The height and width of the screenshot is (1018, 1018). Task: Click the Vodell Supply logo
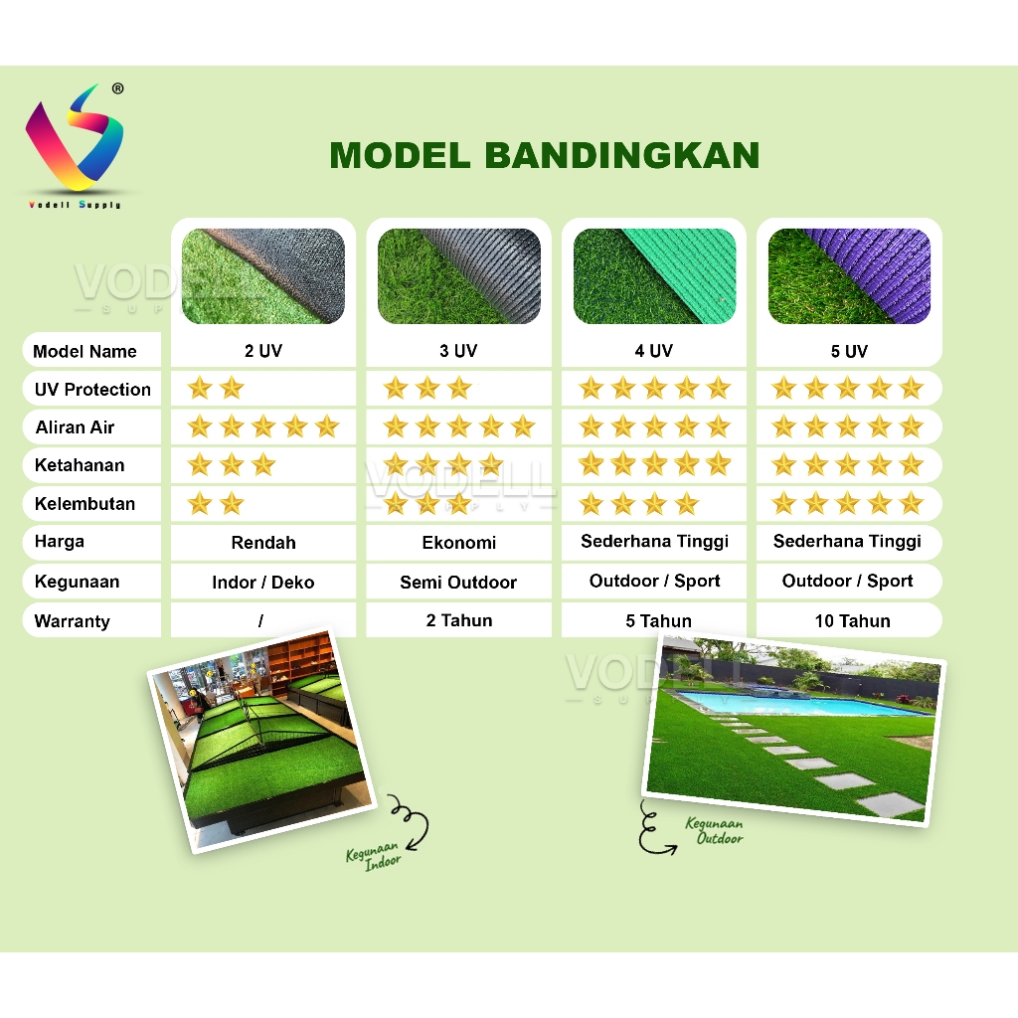click(74, 145)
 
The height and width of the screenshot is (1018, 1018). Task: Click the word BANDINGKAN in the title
click(622, 155)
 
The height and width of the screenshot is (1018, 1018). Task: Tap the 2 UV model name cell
click(262, 351)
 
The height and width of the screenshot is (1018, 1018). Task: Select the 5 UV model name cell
click(849, 351)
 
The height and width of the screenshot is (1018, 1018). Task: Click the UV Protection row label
click(92, 389)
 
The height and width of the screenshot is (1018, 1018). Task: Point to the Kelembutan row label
click(85, 503)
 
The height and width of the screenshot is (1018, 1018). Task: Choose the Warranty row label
click(72, 620)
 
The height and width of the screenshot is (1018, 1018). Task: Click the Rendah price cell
click(262, 542)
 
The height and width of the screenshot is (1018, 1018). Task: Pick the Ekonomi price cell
click(458, 542)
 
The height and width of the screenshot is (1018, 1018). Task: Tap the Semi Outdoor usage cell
click(458, 582)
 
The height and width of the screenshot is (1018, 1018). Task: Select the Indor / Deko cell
click(262, 582)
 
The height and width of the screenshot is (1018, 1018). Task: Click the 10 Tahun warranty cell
click(852, 620)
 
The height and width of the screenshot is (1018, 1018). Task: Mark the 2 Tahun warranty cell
click(459, 620)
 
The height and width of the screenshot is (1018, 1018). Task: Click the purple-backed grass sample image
click(849, 276)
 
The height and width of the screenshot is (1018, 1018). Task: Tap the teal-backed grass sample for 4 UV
click(654, 276)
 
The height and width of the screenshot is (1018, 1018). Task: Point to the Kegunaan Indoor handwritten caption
click(374, 856)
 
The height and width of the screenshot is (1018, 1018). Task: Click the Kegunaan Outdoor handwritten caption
click(715, 831)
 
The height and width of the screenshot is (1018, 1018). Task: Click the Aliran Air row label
click(75, 427)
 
